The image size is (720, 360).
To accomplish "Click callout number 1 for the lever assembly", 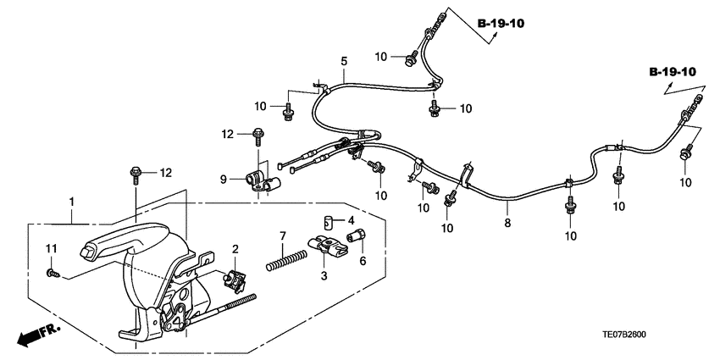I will [72, 202].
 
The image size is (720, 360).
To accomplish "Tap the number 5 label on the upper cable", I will [344, 61].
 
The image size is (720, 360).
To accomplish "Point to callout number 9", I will [224, 179].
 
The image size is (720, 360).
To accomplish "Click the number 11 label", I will [50, 247].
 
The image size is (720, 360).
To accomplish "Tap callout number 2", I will [235, 249].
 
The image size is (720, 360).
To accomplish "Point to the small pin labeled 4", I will [326, 223].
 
